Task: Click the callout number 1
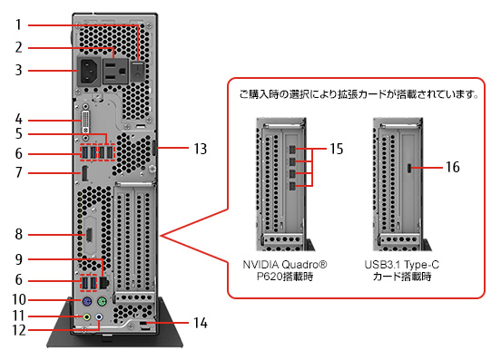point(18,24)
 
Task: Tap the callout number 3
point(18,70)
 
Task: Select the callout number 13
point(201,149)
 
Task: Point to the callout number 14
point(201,323)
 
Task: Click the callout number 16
point(453,167)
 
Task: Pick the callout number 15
point(337,149)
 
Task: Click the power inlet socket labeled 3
point(89,72)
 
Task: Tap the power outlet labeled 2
point(115,71)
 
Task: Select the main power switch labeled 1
point(138,72)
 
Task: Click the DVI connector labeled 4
point(85,122)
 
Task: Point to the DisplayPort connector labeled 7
point(84,174)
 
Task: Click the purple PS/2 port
point(86,301)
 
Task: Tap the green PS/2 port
point(102,301)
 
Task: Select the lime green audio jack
point(87,317)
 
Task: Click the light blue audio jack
point(99,316)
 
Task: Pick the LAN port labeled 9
point(104,282)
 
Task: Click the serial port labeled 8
point(89,235)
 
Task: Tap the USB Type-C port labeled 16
point(408,168)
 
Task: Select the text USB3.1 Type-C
point(402,265)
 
